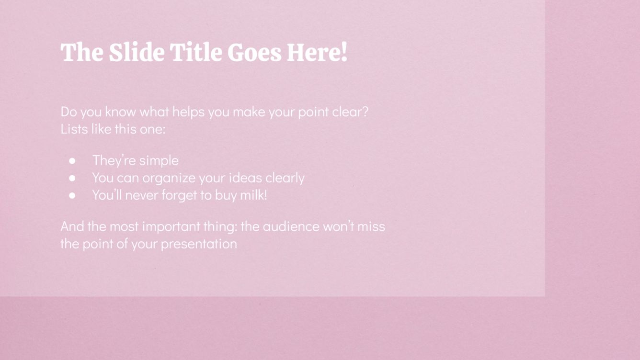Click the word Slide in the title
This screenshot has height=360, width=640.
136,52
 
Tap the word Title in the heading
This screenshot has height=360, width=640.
196,52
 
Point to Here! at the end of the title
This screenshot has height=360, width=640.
317,52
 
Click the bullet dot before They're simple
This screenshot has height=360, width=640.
72,161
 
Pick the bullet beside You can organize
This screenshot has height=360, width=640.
72,178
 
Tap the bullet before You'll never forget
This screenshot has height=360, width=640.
72,195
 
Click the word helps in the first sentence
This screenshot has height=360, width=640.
188,112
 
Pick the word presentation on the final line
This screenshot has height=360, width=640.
198,244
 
